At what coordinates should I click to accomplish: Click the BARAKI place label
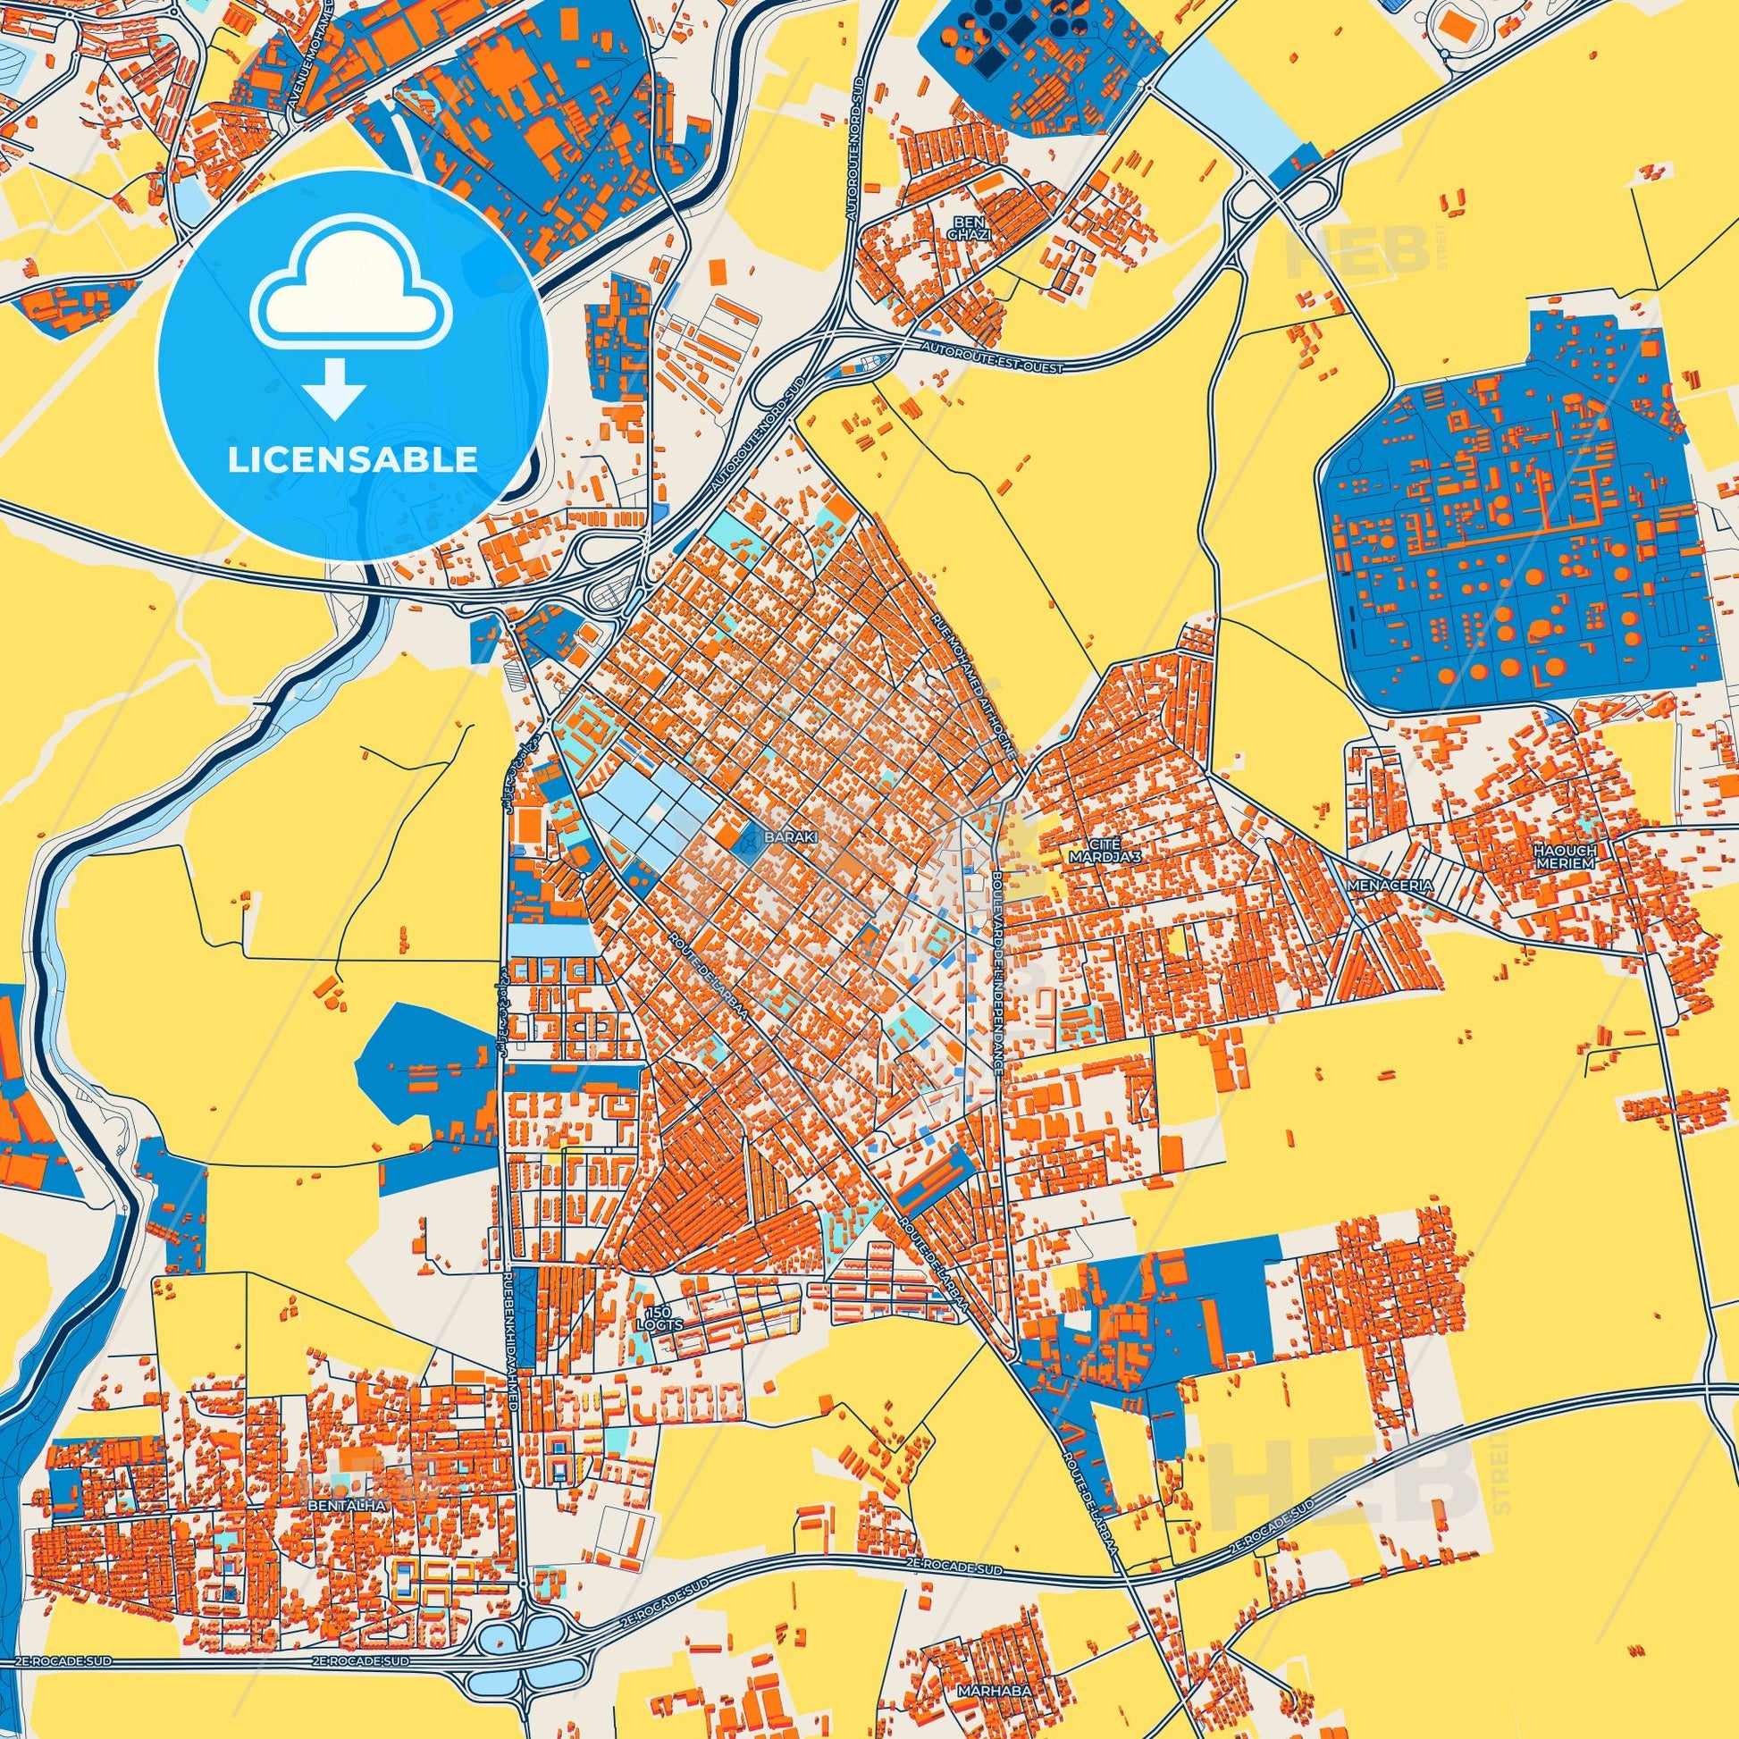pyautogui.click(x=791, y=836)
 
